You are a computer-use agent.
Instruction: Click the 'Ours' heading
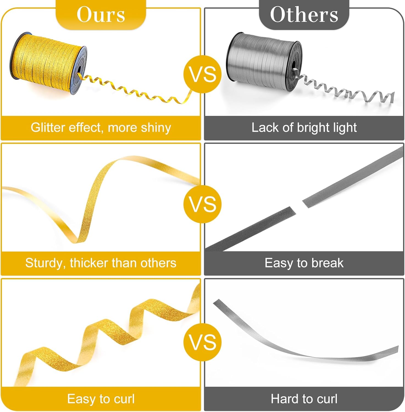[101, 14]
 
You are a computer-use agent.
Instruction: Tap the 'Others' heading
[304, 14]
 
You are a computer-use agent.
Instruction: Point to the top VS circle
[203, 74]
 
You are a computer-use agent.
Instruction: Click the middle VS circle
[203, 204]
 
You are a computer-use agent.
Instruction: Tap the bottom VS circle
[203, 342]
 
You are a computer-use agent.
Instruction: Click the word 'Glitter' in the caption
[48, 128]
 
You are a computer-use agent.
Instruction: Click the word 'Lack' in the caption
[264, 128]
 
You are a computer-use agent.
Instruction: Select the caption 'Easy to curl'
[101, 399]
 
